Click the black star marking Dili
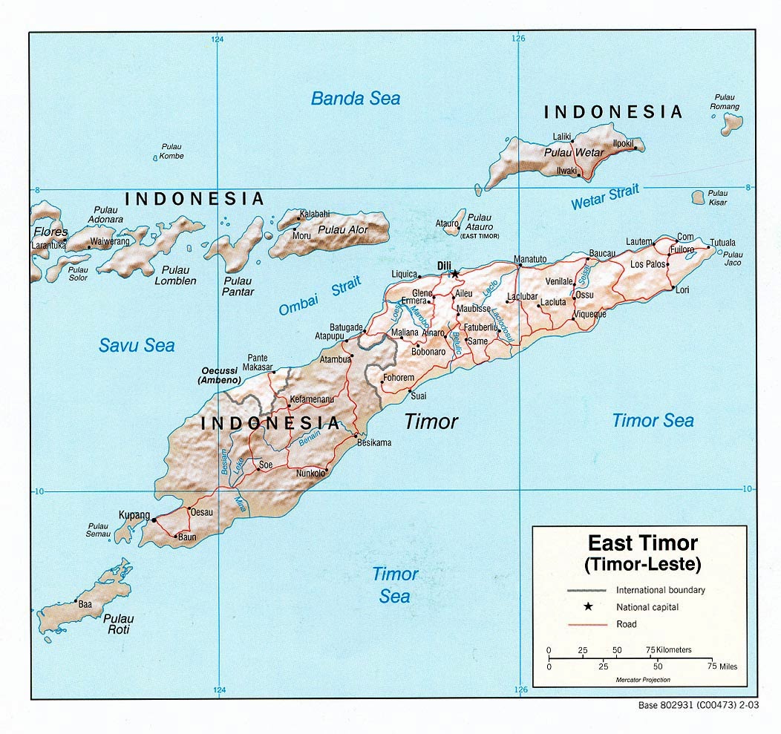point(455,274)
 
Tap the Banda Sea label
point(355,98)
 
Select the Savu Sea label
point(137,344)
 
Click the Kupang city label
point(134,514)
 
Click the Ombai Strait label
point(320,296)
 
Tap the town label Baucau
point(602,253)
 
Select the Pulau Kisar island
point(698,197)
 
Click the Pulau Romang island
point(730,122)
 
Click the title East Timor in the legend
point(642,543)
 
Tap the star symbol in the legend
point(587,607)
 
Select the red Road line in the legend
point(587,624)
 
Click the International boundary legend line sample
point(587,591)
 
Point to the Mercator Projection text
point(642,680)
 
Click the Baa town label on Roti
point(85,604)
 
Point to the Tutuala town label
point(722,243)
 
